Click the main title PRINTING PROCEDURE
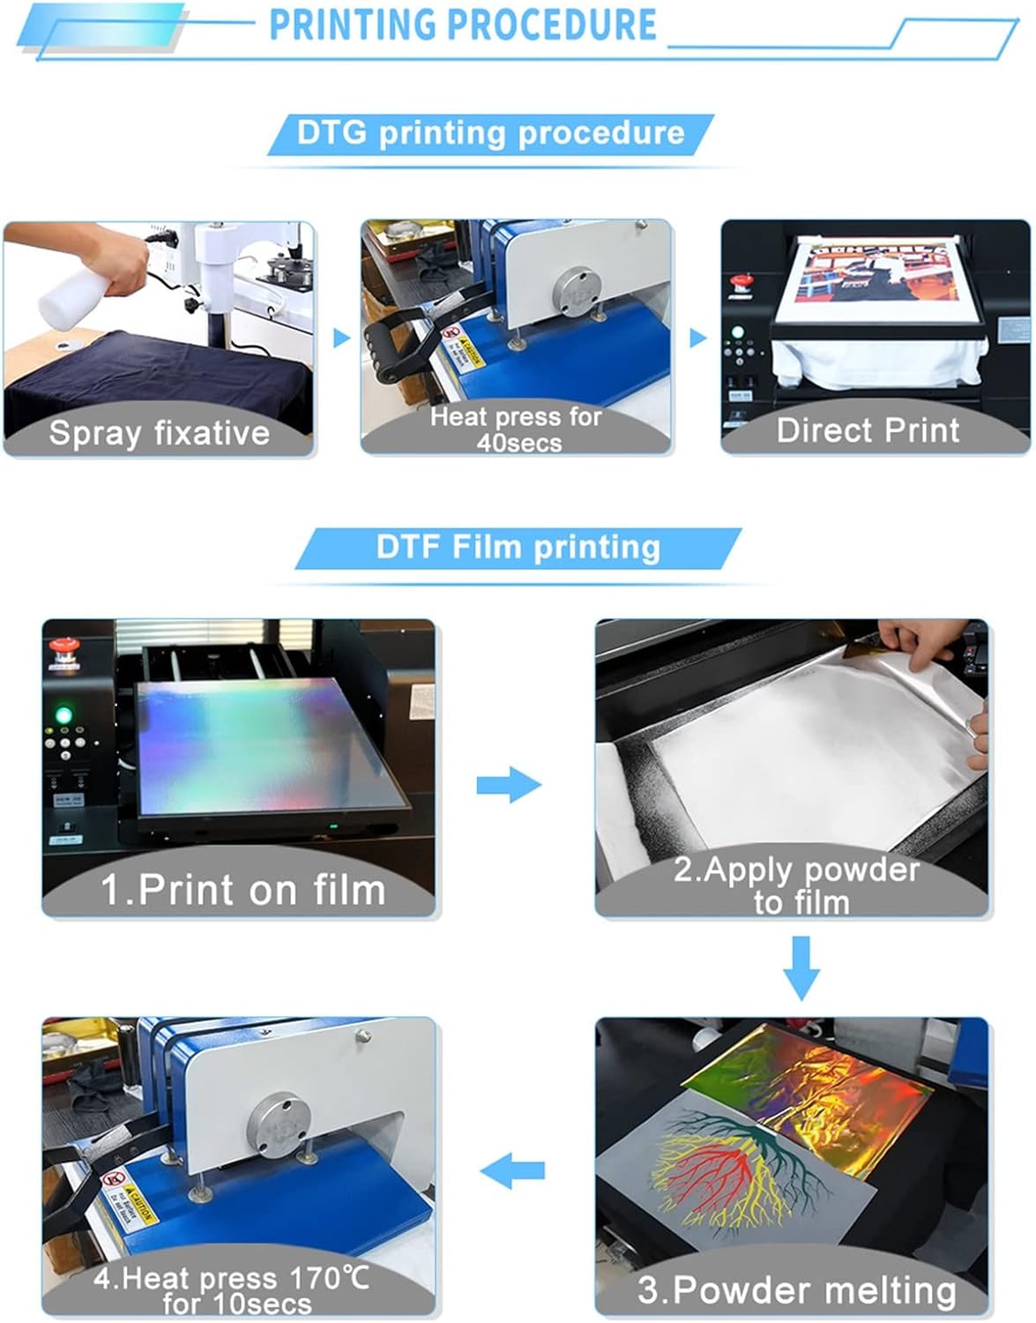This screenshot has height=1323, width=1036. (462, 25)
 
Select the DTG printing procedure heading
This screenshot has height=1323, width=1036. (490, 133)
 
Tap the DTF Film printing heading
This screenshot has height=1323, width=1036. (518, 547)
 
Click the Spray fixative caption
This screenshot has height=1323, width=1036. (159, 433)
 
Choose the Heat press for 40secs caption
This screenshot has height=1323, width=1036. (516, 429)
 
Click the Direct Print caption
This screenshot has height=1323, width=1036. (868, 430)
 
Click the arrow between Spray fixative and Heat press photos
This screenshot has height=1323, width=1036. (341, 338)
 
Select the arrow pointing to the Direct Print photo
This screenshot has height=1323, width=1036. (698, 338)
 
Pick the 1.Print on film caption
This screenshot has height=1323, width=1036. (242, 889)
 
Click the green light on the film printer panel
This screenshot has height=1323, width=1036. (63, 714)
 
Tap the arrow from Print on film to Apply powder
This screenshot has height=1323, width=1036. (509, 784)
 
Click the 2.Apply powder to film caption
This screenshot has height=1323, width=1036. (797, 886)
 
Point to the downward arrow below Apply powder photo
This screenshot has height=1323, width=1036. (801, 968)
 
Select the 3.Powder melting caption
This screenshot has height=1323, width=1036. (797, 1289)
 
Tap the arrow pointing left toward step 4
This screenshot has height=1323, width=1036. (512, 1171)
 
